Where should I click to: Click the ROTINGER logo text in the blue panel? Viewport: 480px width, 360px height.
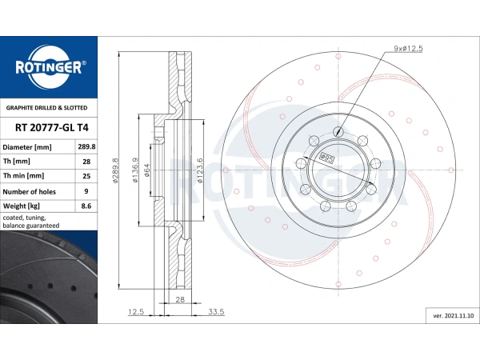click(x=49, y=67)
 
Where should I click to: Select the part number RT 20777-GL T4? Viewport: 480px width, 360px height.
click(x=52, y=127)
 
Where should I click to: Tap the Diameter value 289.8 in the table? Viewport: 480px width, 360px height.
click(x=86, y=146)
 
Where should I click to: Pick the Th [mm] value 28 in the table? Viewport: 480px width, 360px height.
click(x=86, y=162)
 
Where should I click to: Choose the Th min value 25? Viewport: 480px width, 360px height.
click(x=86, y=176)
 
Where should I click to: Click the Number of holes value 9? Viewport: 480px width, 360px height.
click(x=86, y=191)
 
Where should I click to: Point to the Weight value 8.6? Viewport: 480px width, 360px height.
click(x=86, y=206)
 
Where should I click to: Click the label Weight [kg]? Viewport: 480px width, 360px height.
click(x=21, y=206)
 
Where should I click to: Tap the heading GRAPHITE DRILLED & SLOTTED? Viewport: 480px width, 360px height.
click(x=47, y=108)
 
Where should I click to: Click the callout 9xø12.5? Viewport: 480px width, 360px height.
click(x=408, y=48)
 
